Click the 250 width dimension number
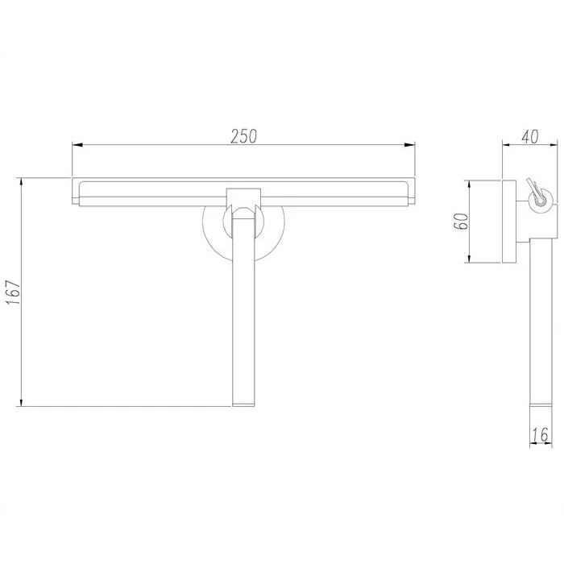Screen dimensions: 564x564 [x=243, y=136]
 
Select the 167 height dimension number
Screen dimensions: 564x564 [x=15, y=292]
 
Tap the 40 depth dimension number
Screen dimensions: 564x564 [x=530, y=136]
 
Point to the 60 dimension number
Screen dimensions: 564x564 [x=461, y=222]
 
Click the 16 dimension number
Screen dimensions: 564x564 [x=540, y=434]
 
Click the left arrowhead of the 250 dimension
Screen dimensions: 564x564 [x=77, y=145]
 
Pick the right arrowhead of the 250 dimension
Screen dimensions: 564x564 [x=409, y=145]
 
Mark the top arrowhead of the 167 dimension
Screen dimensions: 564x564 [x=22, y=183]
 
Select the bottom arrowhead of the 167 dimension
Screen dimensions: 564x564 [x=22, y=401]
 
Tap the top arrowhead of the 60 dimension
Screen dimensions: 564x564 [x=470, y=186]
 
